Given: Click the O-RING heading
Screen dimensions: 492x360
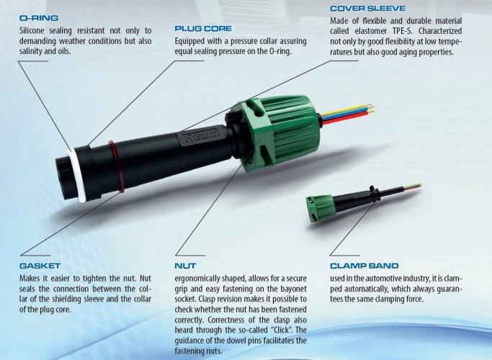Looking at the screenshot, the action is click(x=39, y=18).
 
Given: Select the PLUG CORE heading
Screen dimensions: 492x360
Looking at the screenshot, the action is click(x=203, y=29).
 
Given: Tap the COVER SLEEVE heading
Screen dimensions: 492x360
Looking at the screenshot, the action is click(x=368, y=9).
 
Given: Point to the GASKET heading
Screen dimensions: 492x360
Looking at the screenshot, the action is click(x=40, y=266).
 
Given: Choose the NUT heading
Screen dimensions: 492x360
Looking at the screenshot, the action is click(x=185, y=266).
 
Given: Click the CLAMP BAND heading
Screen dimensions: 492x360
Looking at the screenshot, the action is click(x=364, y=266).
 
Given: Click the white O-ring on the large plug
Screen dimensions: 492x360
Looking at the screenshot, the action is click(x=76, y=175).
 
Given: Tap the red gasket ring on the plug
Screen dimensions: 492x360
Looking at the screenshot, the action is click(x=116, y=166).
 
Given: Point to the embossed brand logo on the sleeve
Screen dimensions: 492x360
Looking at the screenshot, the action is click(x=200, y=136).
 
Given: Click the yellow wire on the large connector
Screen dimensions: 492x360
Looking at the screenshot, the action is click(x=345, y=110).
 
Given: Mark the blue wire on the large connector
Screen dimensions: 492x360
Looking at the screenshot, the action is click(x=344, y=114).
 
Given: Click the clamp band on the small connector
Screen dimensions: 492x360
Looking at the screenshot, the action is click(x=373, y=194).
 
